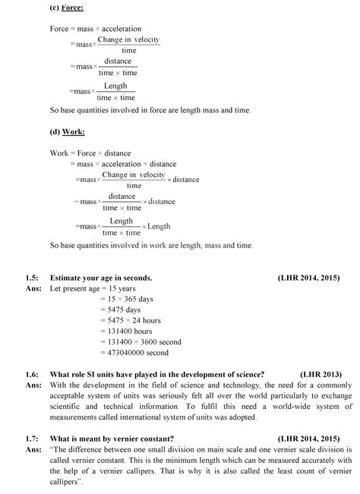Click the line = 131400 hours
point(127,331)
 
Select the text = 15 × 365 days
point(127,299)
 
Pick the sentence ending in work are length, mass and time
point(151,245)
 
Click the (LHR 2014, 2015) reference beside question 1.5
point(309,278)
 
